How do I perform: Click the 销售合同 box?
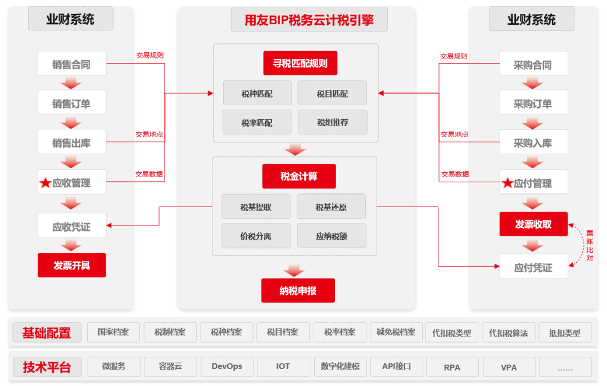tap(71, 64)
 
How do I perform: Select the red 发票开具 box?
tap(71, 265)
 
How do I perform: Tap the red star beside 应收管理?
tap(45, 183)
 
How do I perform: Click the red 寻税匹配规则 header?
tap(300, 63)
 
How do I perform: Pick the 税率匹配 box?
tap(257, 122)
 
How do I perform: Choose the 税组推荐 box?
tap(332, 122)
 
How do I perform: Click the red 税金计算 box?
tap(298, 176)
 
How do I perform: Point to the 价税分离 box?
tap(256, 236)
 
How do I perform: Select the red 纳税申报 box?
tap(298, 290)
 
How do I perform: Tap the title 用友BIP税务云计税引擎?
tap(309, 21)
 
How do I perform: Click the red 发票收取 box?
tap(533, 225)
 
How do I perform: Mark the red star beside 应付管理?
tap(507, 183)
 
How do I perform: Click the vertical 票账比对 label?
tap(590, 245)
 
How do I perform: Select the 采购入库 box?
tap(533, 143)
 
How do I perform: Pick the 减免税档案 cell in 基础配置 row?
tap(396, 332)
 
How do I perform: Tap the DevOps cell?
tap(227, 366)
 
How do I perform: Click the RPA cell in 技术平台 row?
tap(452, 367)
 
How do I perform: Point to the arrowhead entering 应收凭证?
tap(110, 226)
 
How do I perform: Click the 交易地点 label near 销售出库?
tap(149, 134)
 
